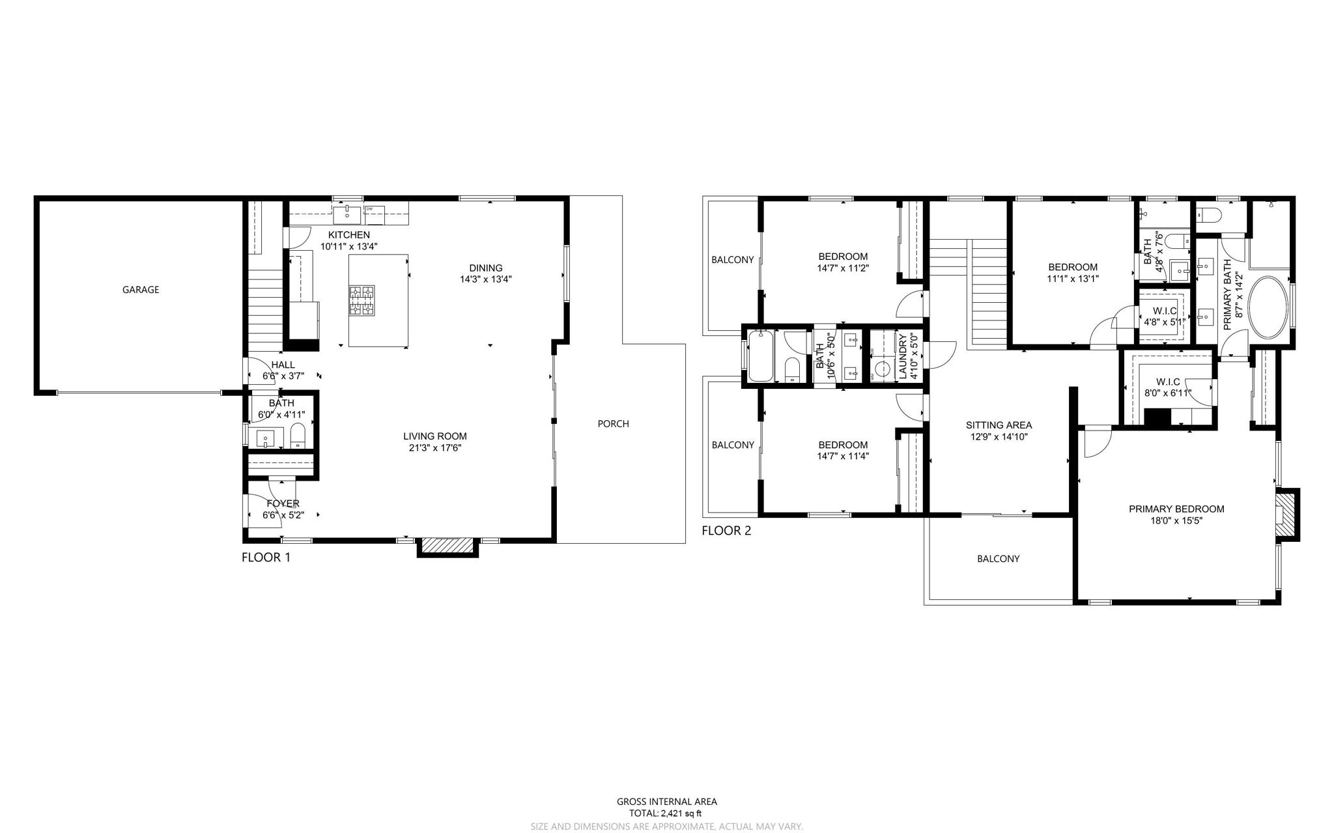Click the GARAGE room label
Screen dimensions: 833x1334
point(141,290)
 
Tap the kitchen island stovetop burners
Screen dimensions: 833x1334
point(362,301)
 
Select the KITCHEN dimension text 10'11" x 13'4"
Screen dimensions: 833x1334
point(348,247)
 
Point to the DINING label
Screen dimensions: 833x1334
point(486,268)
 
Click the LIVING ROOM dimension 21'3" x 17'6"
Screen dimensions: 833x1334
point(434,448)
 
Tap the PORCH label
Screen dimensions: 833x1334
point(613,424)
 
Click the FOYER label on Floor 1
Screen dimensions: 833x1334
point(283,503)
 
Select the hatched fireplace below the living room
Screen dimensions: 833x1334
point(448,546)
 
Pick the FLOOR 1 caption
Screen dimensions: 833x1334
point(266,558)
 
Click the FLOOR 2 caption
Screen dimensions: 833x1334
point(726,531)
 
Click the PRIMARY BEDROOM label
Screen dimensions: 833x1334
point(1176,509)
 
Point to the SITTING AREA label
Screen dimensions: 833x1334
point(999,425)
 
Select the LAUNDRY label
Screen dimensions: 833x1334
point(903,357)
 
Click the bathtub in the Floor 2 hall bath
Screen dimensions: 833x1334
point(760,356)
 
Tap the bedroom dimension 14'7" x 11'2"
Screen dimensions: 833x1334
point(843,268)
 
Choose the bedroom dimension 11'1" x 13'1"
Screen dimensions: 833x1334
point(1072,279)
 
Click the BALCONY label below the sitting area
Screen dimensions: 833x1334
point(998,559)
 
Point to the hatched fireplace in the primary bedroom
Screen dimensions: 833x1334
point(1284,514)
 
